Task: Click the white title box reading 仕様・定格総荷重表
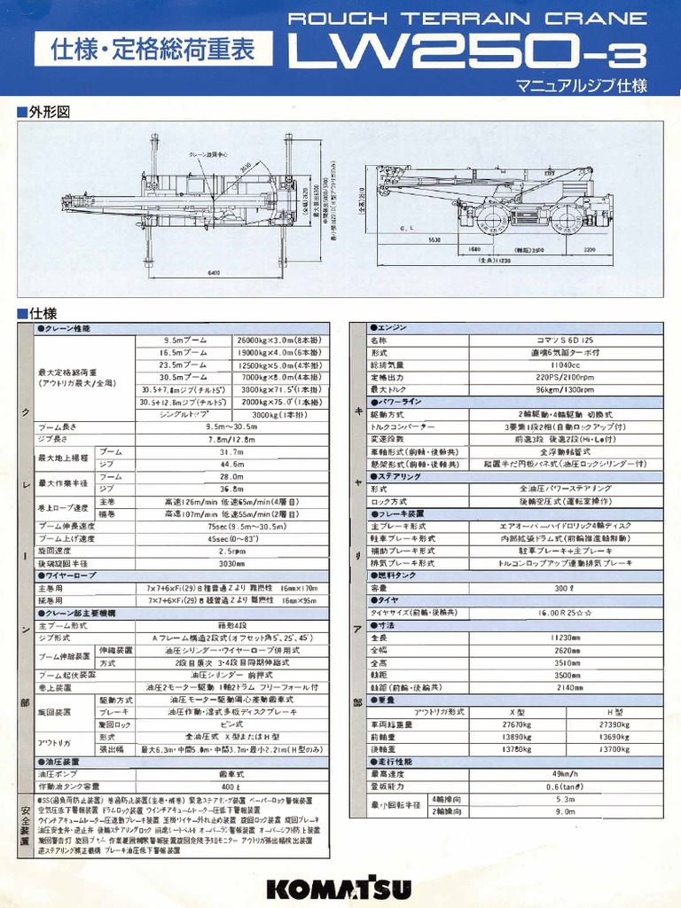click(153, 49)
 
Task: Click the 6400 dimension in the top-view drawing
click(214, 273)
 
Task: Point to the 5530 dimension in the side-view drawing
click(434, 240)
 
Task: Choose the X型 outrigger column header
click(517, 712)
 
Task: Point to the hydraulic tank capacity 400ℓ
click(231, 786)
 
